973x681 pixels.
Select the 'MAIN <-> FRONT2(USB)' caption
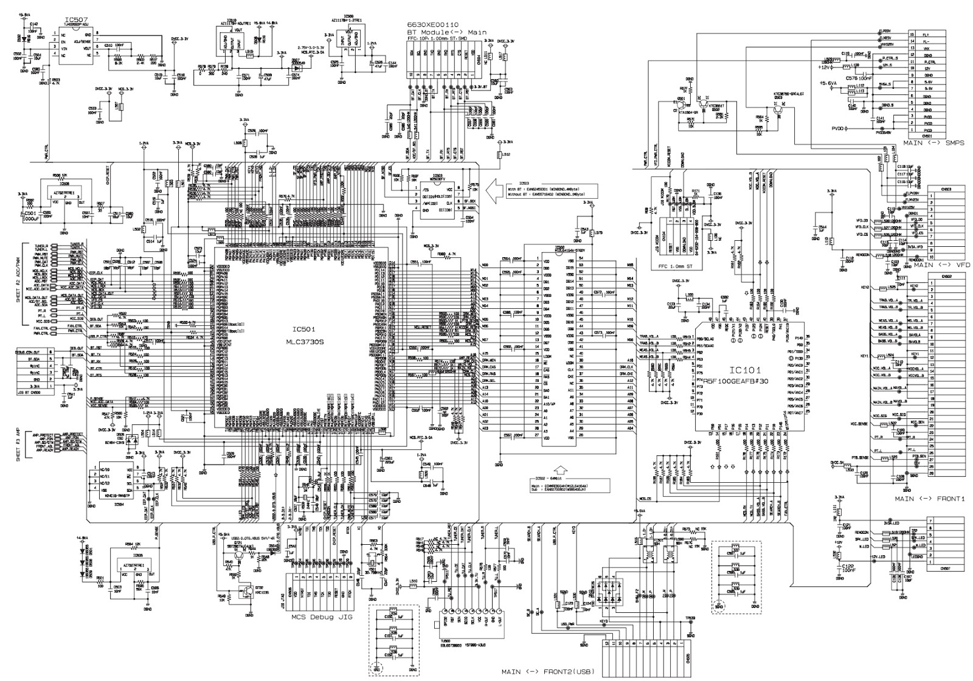click(547, 672)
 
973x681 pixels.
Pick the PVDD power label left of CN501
click(840, 128)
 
